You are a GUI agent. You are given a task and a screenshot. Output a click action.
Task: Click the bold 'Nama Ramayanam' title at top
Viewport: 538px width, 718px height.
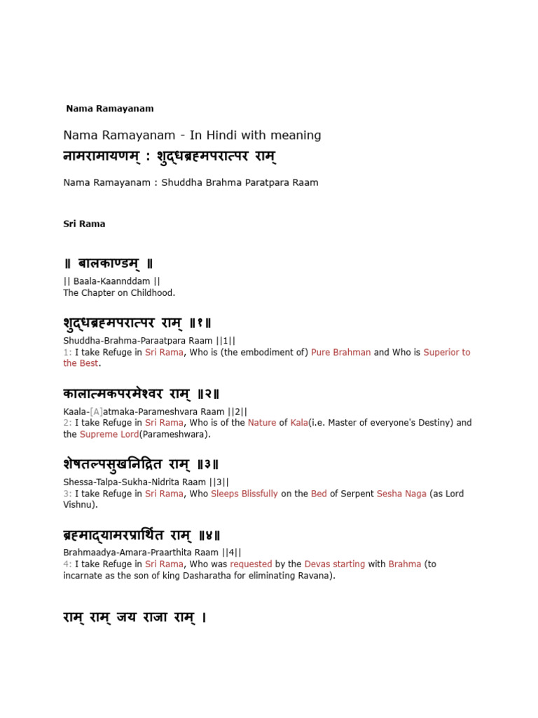point(110,109)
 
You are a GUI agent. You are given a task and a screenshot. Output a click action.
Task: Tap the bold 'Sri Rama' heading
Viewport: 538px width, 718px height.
point(84,224)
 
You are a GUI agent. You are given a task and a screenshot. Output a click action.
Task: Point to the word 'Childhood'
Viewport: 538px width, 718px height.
point(153,293)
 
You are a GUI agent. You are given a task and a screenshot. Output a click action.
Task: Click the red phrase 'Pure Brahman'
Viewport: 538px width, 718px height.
point(341,352)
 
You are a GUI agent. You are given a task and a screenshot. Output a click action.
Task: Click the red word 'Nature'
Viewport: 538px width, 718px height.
point(262,423)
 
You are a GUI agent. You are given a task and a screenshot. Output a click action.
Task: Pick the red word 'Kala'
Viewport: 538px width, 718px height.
point(299,423)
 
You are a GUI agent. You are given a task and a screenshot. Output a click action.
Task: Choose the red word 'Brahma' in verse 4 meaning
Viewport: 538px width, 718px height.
point(405,564)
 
